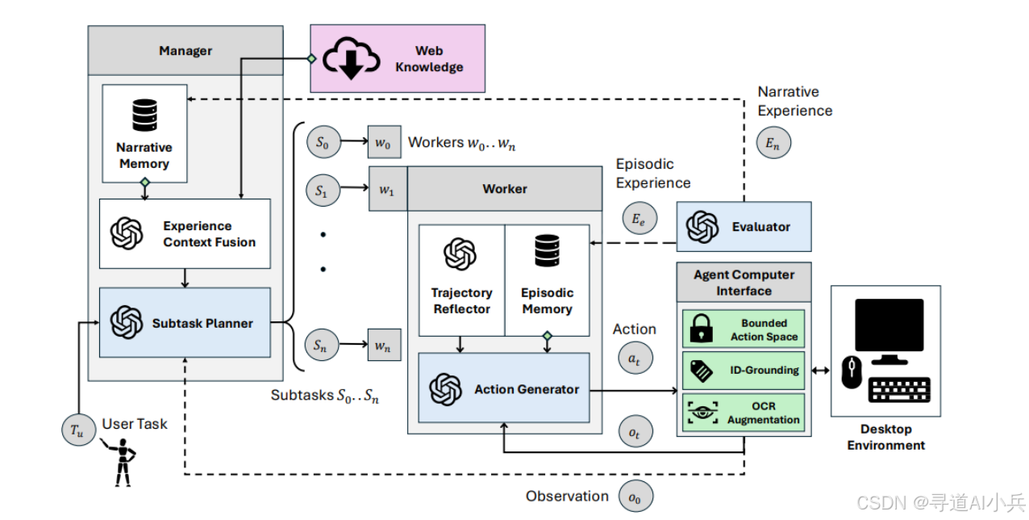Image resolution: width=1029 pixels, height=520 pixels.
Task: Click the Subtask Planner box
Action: click(x=185, y=323)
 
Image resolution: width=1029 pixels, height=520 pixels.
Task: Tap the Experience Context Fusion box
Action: click(x=185, y=233)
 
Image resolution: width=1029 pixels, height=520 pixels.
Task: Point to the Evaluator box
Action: click(x=743, y=227)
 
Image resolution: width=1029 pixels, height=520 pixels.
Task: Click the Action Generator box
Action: click(x=504, y=388)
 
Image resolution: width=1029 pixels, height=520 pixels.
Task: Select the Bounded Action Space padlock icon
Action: click(x=701, y=329)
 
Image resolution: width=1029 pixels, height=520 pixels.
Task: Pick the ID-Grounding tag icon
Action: click(x=702, y=371)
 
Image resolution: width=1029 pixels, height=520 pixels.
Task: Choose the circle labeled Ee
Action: click(x=639, y=219)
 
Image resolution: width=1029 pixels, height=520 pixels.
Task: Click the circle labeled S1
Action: click(x=321, y=191)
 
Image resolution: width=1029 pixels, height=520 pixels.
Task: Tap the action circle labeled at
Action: click(x=635, y=357)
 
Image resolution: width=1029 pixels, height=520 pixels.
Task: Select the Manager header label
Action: click(x=185, y=51)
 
